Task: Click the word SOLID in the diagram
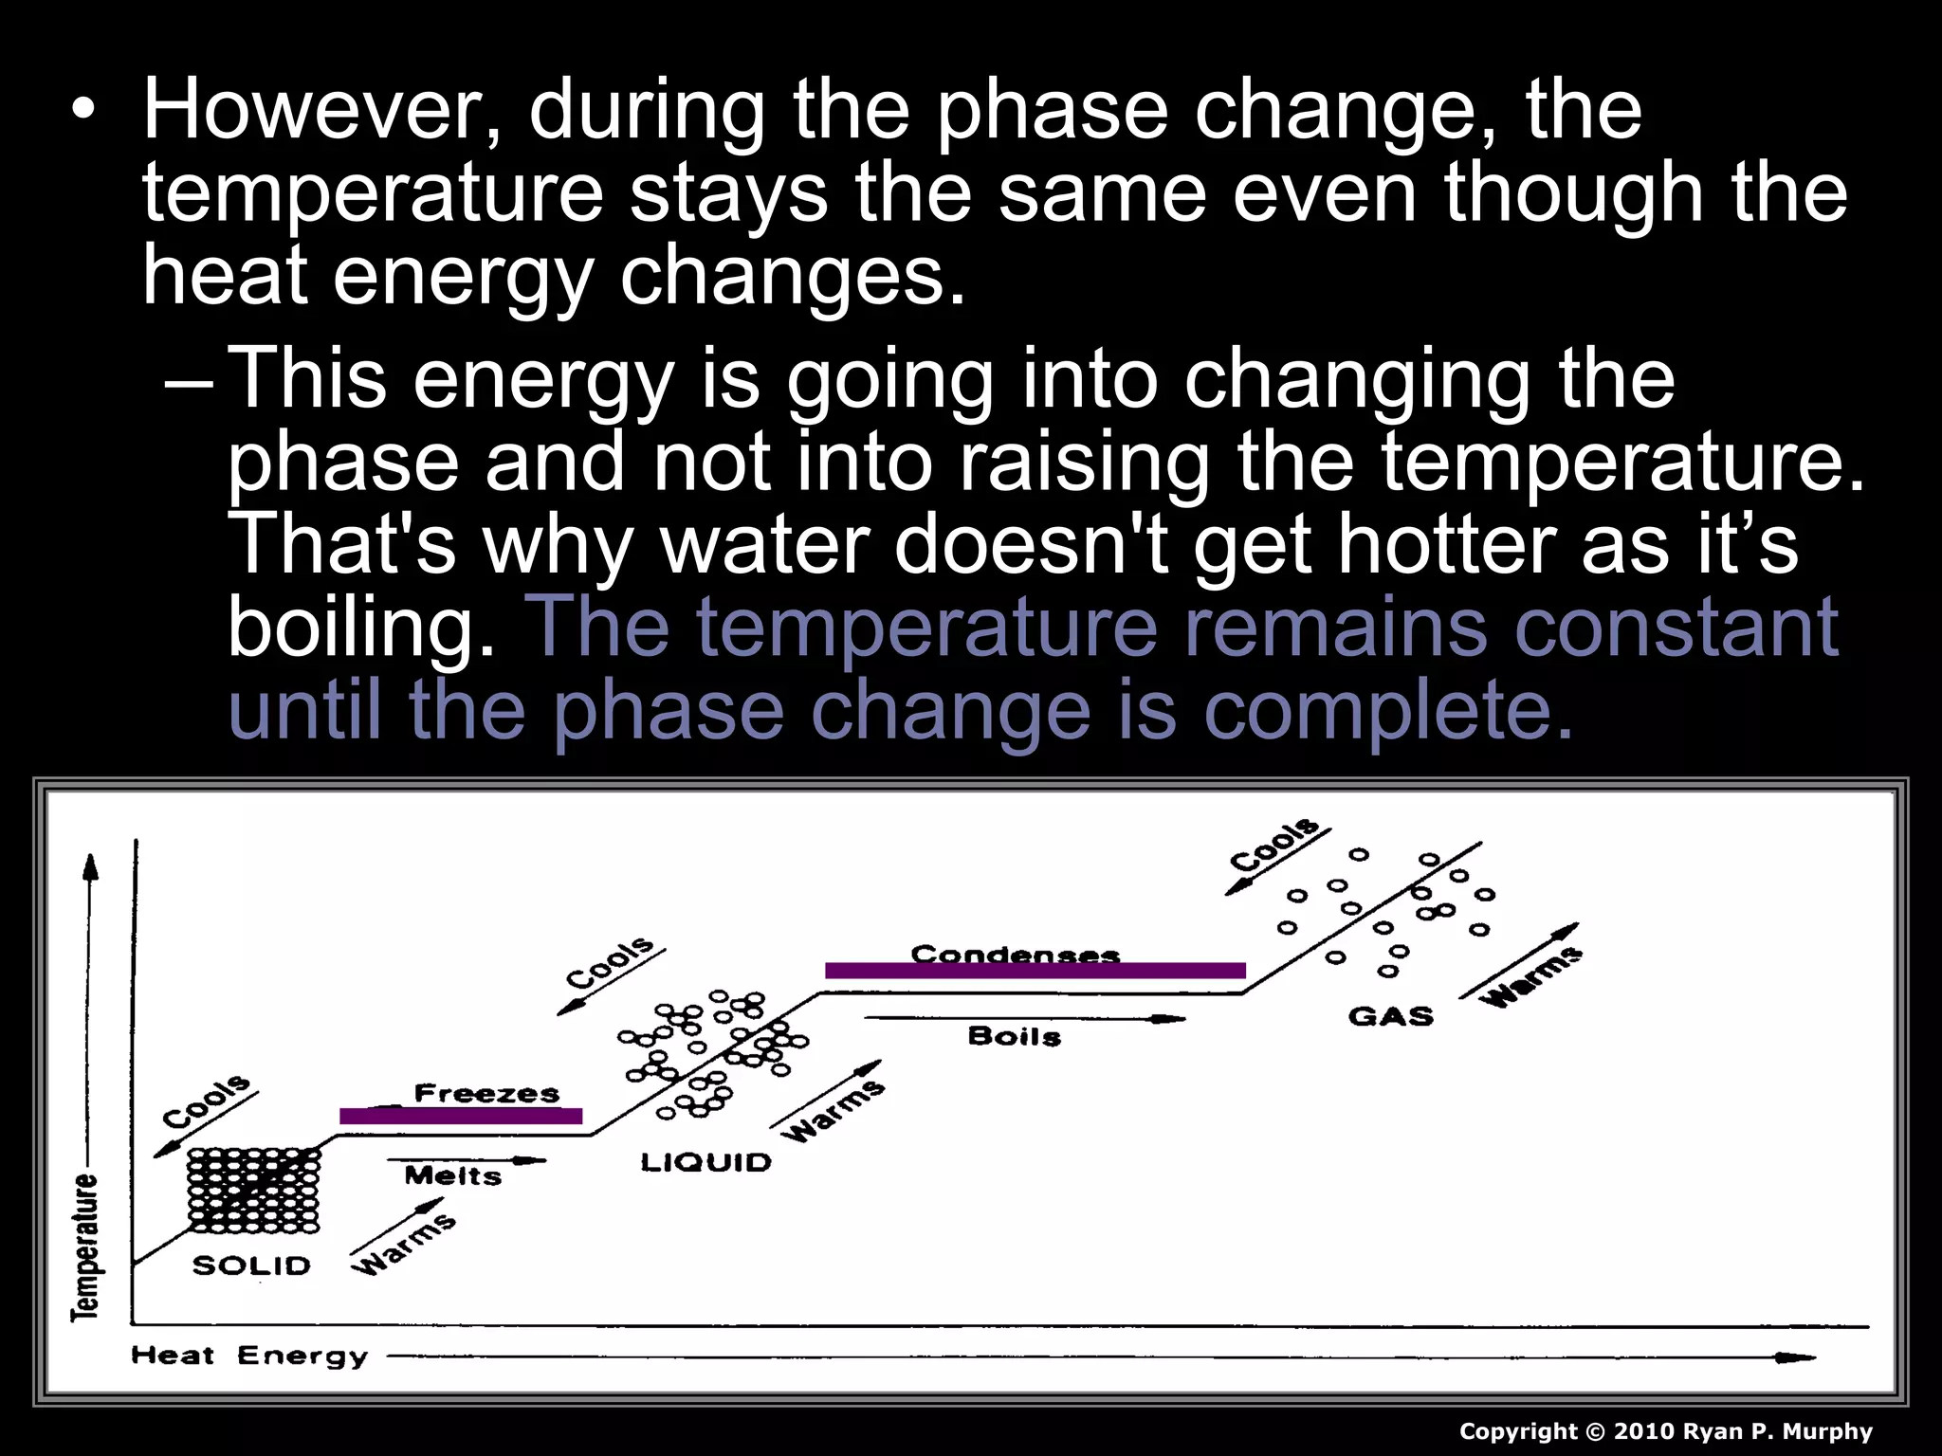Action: pyautogui.click(x=251, y=1265)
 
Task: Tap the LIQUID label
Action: pyautogui.click(x=706, y=1162)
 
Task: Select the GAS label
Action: pyautogui.click(x=1390, y=1016)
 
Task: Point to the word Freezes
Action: pyautogui.click(x=486, y=1093)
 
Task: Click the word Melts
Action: pyautogui.click(x=452, y=1176)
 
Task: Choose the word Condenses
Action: pyautogui.click(x=1016, y=954)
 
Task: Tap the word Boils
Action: pyautogui.click(x=1015, y=1036)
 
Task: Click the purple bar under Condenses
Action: pyautogui.click(x=1035, y=971)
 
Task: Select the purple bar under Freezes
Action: pyautogui.click(x=461, y=1117)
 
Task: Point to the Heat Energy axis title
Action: pyautogui.click(x=249, y=1356)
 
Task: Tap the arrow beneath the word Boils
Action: pyautogui.click(x=1024, y=1019)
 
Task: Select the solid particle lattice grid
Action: pyautogui.click(x=253, y=1191)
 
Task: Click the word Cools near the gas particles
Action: pyautogui.click(x=1273, y=844)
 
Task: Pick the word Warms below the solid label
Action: pyautogui.click(x=403, y=1245)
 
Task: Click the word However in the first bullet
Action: pyautogui.click(x=309, y=112)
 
